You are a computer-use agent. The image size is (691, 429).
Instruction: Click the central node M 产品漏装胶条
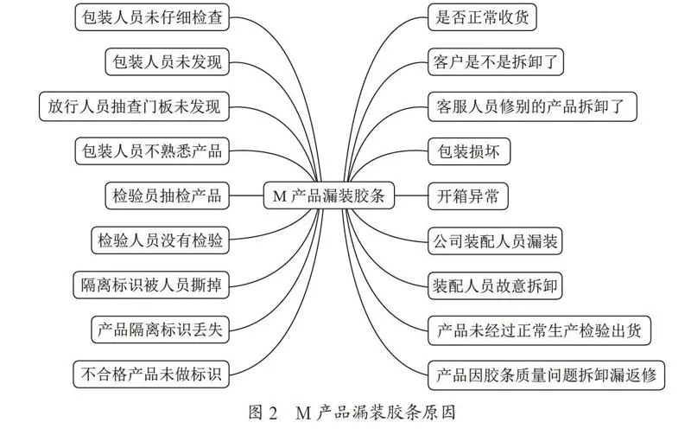point(329,195)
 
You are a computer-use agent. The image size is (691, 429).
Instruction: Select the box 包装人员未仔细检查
point(152,17)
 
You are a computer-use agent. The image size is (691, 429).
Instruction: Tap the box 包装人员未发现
point(167,61)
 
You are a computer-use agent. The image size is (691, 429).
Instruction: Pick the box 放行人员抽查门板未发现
point(134,106)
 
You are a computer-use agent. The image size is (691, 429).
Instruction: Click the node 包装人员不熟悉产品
point(152,151)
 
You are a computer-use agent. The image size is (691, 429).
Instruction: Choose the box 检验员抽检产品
point(167,195)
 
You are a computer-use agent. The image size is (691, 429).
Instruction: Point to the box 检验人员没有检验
point(160,240)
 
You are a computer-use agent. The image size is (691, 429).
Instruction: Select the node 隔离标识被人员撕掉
point(151,285)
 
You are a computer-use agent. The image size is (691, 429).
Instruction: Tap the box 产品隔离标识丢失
point(160,330)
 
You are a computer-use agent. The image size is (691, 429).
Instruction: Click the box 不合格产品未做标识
point(151,375)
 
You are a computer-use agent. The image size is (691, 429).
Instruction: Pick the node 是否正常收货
point(482,17)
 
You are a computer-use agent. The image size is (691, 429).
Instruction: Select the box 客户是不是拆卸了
point(496,61)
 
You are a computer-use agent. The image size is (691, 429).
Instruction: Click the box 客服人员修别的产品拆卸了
point(532,106)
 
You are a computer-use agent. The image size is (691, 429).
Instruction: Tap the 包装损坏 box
point(469,151)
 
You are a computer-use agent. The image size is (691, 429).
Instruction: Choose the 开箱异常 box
point(468,196)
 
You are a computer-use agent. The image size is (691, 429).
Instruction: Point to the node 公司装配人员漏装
point(495,240)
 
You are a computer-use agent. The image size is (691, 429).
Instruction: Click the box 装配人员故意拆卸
point(495,285)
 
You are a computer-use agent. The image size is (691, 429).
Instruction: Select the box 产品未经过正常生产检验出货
point(539,330)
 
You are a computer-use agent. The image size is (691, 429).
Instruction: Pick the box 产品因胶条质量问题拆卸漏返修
point(546,375)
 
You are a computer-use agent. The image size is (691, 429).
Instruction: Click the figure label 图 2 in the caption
point(263,413)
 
